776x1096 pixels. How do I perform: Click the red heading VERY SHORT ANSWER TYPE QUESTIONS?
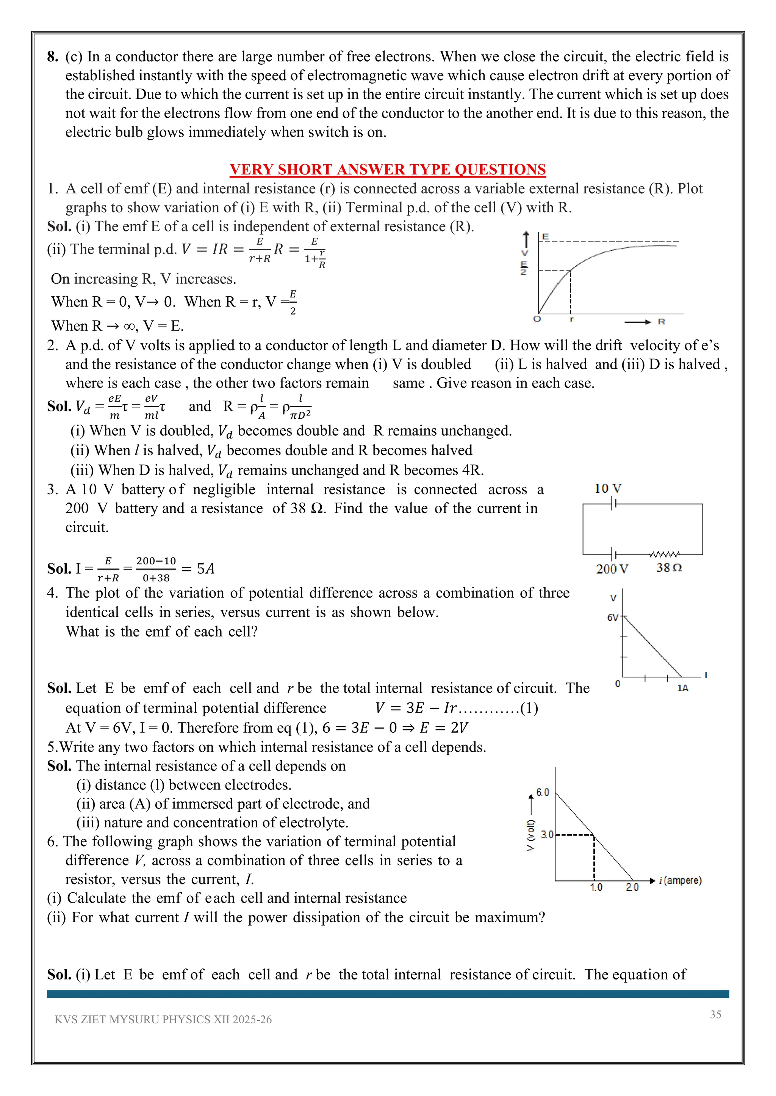(388, 170)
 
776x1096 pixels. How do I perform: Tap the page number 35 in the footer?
(715, 1014)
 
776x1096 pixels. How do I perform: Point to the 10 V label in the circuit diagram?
(607, 488)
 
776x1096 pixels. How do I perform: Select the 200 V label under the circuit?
(612, 568)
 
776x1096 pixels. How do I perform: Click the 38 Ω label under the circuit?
(668, 568)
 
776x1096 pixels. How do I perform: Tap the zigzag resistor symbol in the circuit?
(664, 554)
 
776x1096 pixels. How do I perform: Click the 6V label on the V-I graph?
(613, 618)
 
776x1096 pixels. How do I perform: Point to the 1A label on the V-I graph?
(682, 688)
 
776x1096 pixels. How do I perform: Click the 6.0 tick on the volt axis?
(542, 792)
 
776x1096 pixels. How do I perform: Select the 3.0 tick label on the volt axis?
(547, 834)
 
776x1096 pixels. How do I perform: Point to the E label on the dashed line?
(545, 237)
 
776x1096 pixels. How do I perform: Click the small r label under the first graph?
(571, 319)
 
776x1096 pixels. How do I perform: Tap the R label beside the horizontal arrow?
(661, 322)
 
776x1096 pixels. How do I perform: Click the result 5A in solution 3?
(205, 568)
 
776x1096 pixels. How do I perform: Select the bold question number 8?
(53, 57)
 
